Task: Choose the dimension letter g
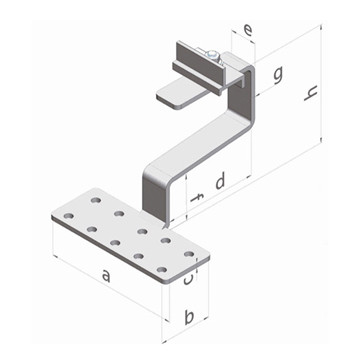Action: (x=277, y=73)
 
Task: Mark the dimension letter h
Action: (x=312, y=95)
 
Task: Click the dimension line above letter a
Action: (x=105, y=290)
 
